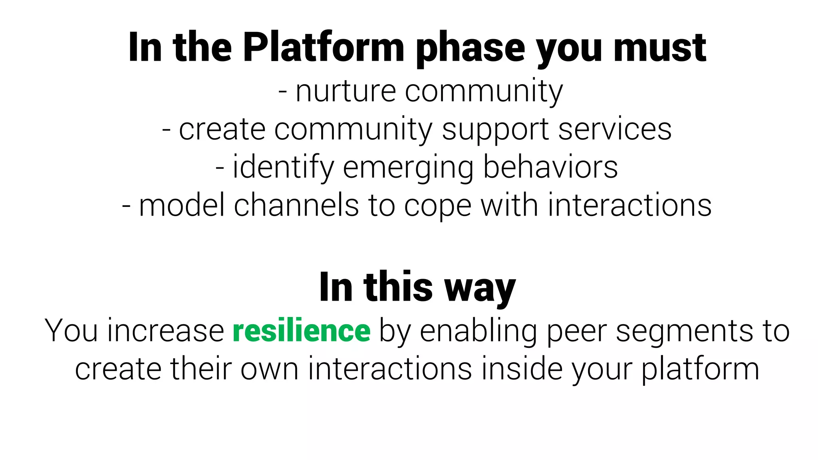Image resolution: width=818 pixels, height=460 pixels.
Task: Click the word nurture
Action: (x=345, y=91)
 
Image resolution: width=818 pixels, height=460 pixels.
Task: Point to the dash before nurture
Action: (x=283, y=92)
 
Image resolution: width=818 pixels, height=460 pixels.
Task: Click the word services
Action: (x=615, y=129)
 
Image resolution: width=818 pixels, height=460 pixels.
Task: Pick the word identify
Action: (x=283, y=168)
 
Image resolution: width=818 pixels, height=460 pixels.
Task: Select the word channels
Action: (x=296, y=205)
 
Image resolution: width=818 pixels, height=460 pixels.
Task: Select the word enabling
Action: (x=478, y=331)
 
